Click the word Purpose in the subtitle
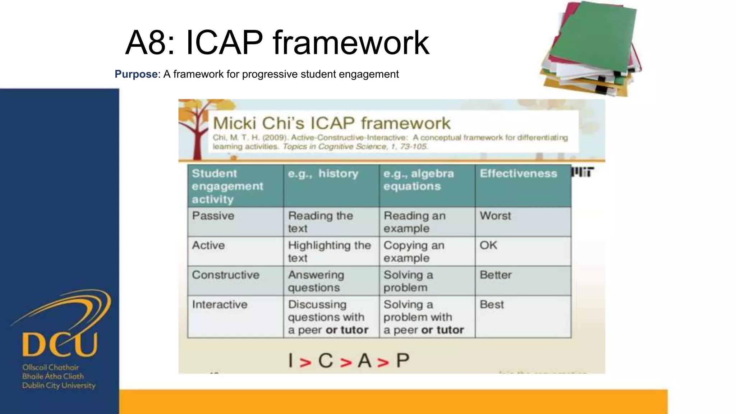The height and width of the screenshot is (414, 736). pyautogui.click(x=136, y=74)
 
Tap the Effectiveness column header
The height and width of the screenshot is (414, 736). pyautogui.click(x=518, y=174)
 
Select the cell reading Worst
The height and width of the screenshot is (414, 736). pyautogui.click(x=495, y=216)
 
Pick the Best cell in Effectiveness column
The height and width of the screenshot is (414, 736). pyautogui.click(x=492, y=305)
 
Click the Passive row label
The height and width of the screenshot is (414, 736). pyautogui.click(x=213, y=216)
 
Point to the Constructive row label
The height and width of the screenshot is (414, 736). pyautogui.click(x=226, y=275)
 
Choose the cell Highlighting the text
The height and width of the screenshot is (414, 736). pyautogui.click(x=329, y=251)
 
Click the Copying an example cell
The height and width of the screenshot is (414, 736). pyautogui.click(x=414, y=251)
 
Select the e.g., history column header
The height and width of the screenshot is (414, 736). pyautogui.click(x=323, y=174)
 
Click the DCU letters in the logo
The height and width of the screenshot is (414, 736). pyautogui.click(x=60, y=344)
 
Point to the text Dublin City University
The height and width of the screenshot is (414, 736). pyautogui.click(x=59, y=386)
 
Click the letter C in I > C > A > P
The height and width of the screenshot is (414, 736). pyautogui.click(x=326, y=360)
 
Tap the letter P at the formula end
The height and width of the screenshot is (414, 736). pyautogui.click(x=402, y=360)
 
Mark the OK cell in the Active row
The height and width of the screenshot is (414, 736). pyautogui.click(x=488, y=245)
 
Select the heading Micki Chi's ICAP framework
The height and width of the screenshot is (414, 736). pyautogui.click(x=331, y=123)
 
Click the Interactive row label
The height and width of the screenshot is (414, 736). pyautogui.click(x=220, y=305)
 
